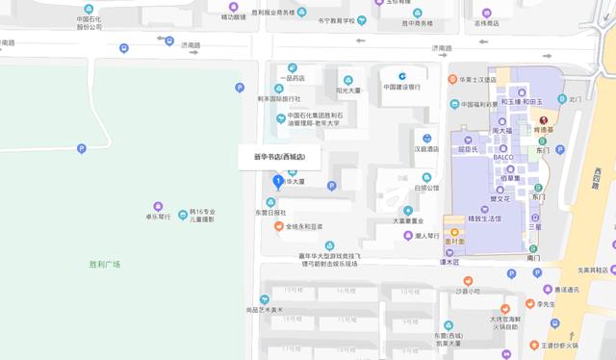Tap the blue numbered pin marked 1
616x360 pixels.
[x=278, y=180]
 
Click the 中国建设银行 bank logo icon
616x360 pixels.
[x=405, y=75]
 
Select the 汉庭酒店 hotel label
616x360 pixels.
[x=426, y=150]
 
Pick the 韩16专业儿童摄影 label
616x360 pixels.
[x=203, y=217]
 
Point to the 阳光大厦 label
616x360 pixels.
[x=347, y=91]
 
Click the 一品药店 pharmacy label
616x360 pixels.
[x=292, y=79]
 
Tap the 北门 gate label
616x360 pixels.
[x=576, y=99]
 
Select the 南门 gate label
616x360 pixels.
[x=534, y=259]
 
